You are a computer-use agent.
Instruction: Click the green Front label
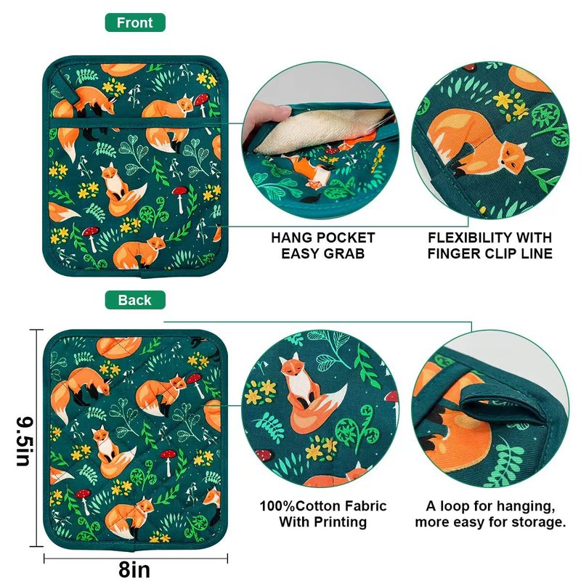[x=135, y=23]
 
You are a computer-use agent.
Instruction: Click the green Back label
[x=135, y=300]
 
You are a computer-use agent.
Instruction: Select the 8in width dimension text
[x=134, y=569]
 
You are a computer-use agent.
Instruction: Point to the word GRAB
[x=344, y=253]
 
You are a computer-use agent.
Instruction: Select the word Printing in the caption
[x=340, y=522]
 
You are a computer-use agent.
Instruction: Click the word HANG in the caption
[x=292, y=238]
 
